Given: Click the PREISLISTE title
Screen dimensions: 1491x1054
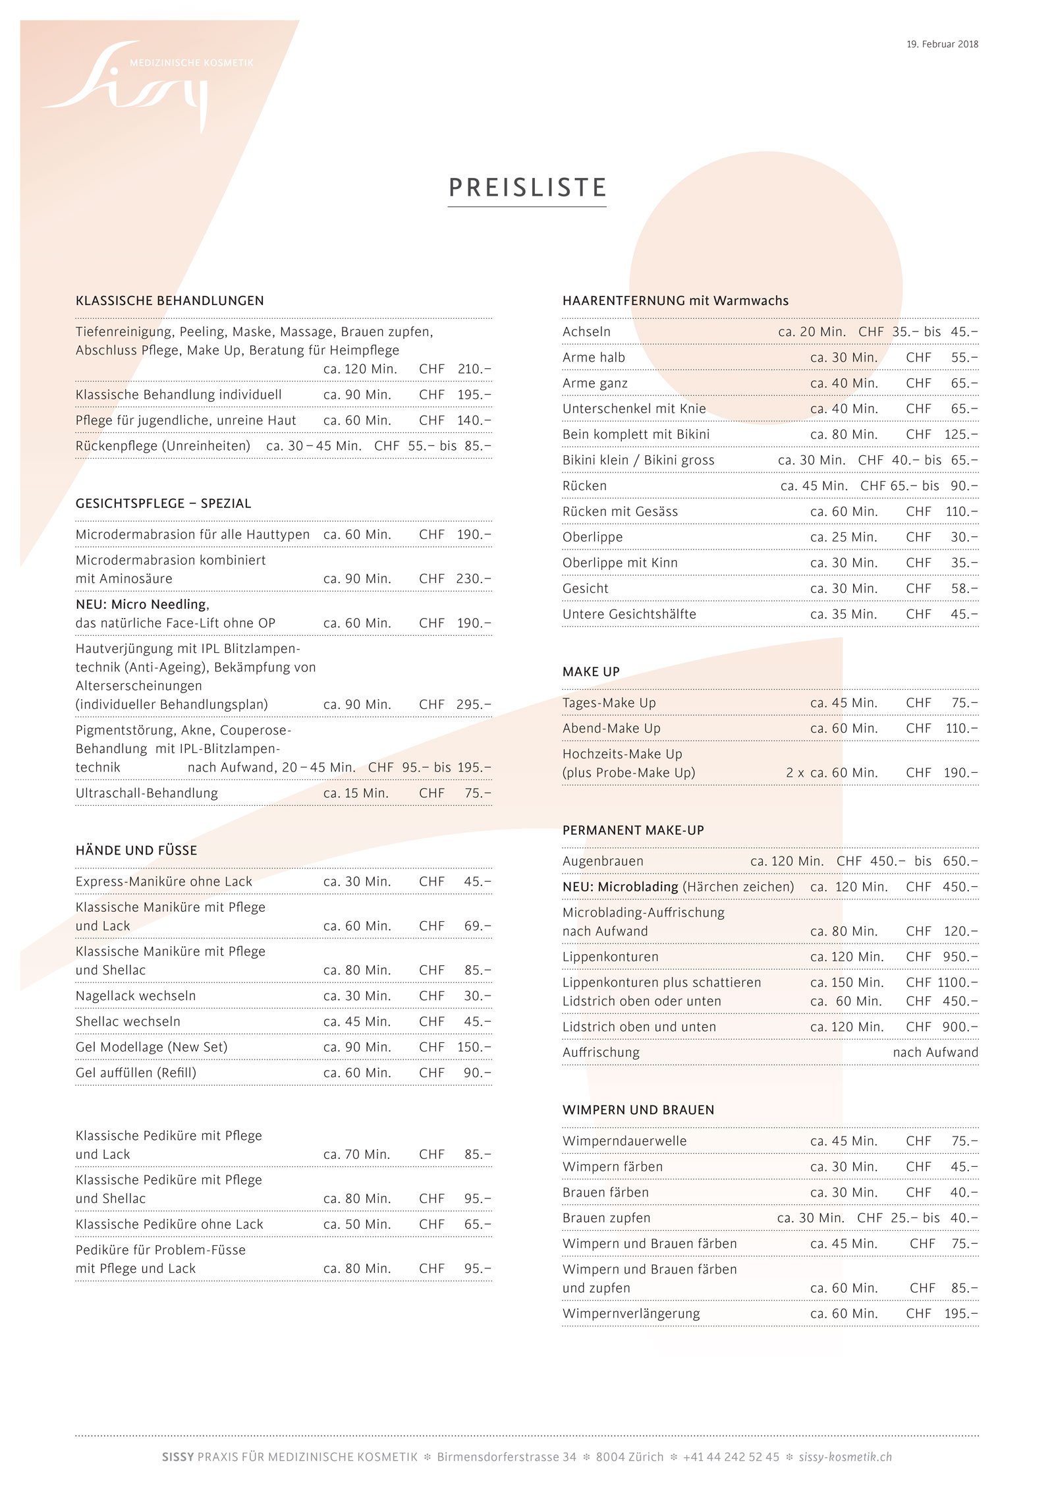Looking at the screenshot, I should pos(527,188).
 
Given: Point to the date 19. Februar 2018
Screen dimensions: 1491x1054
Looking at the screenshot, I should pos(942,44).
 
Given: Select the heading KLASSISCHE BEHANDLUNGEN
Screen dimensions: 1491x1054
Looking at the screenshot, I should pos(169,300).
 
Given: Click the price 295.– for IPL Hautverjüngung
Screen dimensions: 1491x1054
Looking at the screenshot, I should pos(474,704).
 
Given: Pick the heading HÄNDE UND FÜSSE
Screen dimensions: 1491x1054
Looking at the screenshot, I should pos(136,850).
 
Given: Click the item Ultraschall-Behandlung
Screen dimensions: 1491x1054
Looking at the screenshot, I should pos(146,793).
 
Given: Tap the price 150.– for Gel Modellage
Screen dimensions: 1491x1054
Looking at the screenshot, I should pos(474,1047).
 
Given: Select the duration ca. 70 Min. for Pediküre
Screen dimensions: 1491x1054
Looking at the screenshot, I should pos(357,1154).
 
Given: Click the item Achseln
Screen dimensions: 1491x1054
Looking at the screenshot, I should pos(586,331).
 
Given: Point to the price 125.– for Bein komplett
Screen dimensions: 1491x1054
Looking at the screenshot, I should pos(961,434).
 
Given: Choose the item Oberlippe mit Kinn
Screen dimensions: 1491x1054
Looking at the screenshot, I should pos(619,563).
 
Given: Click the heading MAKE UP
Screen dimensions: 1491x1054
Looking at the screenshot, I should pos(591,671).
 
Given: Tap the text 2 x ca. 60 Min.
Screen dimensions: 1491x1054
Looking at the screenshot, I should pos(831,772).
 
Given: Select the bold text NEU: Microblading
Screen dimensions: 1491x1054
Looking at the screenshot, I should pos(620,887).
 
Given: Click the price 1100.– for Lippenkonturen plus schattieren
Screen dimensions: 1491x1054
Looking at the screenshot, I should pos(957,982).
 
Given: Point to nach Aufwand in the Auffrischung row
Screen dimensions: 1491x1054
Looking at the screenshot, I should pos(935,1052).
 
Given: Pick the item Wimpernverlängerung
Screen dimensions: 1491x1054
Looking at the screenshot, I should pos(631,1313).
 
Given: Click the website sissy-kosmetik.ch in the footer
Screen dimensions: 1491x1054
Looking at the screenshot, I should pos(845,1457).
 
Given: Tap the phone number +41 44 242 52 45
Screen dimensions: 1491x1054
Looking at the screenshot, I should pos(731,1457).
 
